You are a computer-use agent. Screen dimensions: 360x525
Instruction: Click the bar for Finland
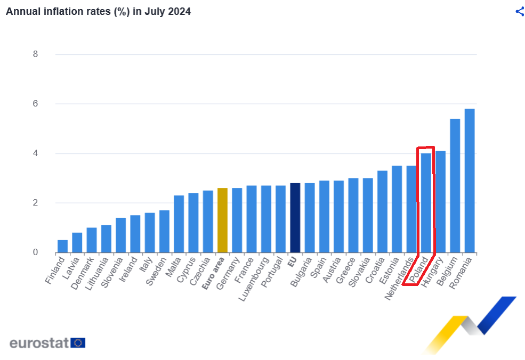click(x=63, y=246)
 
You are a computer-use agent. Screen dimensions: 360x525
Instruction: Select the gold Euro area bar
click(x=223, y=220)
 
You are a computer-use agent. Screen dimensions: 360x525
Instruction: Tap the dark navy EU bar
click(x=295, y=218)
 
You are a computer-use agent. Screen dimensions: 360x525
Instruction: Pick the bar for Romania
click(x=470, y=181)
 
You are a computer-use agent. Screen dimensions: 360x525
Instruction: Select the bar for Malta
click(x=179, y=224)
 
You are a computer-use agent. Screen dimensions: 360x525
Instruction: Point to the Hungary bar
click(x=441, y=202)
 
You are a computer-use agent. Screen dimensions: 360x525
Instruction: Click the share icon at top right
click(x=520, y=12)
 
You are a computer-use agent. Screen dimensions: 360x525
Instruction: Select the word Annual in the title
click(x=21, y=11)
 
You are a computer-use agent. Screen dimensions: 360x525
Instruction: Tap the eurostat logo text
click(x=39, y=342)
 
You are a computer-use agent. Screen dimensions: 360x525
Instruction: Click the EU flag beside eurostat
click(x=78, y=342)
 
